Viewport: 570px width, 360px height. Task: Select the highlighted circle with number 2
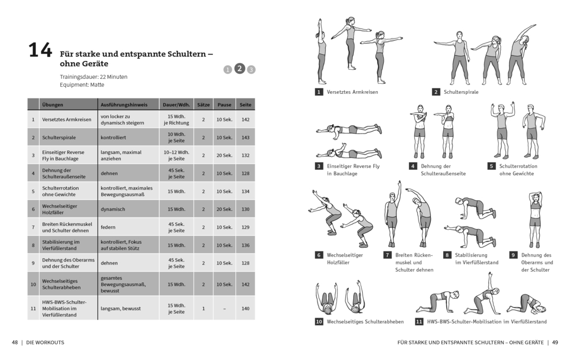239,68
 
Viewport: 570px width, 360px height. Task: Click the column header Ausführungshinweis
124,104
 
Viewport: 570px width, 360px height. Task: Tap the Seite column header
245,104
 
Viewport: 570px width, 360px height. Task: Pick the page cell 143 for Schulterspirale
245,138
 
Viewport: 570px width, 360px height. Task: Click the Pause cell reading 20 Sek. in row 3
224,155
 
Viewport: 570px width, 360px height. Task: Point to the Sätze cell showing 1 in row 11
203,308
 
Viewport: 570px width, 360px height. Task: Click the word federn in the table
108,227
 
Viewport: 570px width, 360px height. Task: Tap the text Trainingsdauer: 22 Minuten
94,77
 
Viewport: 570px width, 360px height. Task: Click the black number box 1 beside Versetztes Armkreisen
319,92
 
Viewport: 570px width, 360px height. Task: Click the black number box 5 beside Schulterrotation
491,166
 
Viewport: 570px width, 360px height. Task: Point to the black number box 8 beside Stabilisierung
447,255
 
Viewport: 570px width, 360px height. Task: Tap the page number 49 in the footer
555,342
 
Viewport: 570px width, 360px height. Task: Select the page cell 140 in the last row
245,308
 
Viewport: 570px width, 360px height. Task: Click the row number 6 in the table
34,209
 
